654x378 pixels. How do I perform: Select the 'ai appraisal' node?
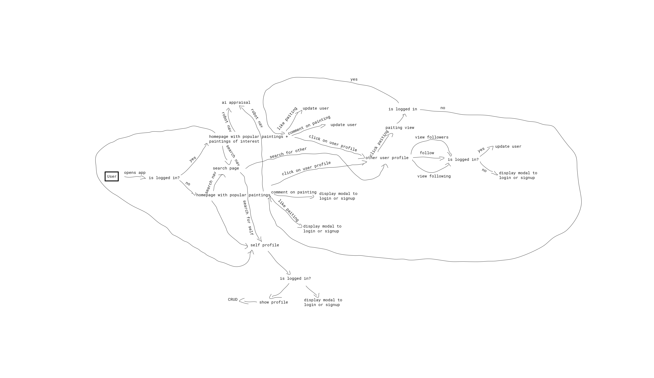click(x=236, y=103)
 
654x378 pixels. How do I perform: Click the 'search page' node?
click(x=226, y=168)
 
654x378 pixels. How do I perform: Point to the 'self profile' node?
click(x=265, y=245)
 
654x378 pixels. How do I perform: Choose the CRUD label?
click(x=233, y=300)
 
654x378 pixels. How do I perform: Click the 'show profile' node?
click(x=274, y=302)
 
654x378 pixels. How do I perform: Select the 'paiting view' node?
click(x=400, y=128)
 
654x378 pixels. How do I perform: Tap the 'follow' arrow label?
click(x=427, y=153)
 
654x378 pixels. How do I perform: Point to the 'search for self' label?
click(x=248, y=218)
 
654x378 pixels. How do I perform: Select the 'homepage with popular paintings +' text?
click(x=248, y=137)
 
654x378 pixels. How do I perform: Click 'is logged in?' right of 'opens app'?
click(x=164, y=178)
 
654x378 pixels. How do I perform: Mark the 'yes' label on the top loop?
click(x=354, y=79)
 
